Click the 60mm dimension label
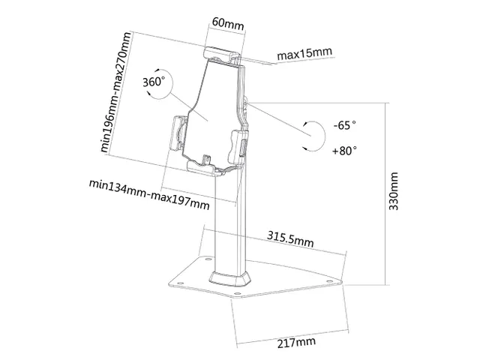tap(228, 25)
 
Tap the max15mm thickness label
tap(304, 55)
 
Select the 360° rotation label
tap(153, 81)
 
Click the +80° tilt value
tap(343, 150)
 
